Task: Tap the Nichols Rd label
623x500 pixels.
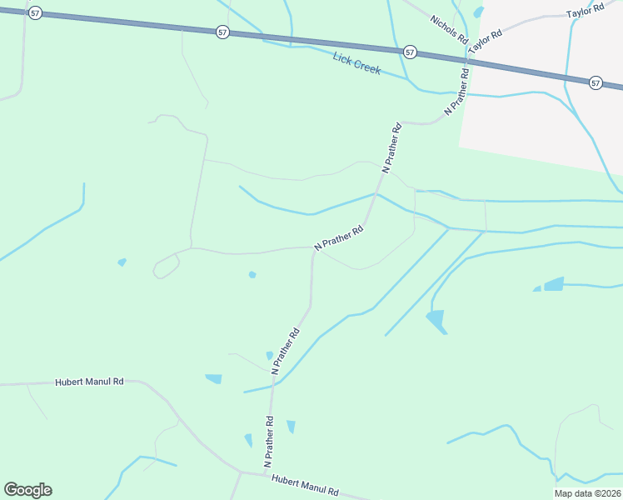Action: click(450, 30)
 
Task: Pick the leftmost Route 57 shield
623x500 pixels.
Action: click(34, 14)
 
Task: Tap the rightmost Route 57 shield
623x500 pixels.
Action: click(595, 82)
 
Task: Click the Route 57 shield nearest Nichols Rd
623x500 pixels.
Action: click(410, 52)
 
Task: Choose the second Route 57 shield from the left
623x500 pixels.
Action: click(222, 32)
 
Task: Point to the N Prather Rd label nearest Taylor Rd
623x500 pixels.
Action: click(457, 91)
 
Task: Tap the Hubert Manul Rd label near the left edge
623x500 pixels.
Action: click(89, 382)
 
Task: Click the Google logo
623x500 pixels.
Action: click(27, 490)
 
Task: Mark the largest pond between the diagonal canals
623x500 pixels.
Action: click(436, 321)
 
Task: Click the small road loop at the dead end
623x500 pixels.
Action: click(166, 266)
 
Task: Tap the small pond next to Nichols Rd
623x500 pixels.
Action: click(478, 12)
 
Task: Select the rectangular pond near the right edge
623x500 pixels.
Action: click(554, 283)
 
